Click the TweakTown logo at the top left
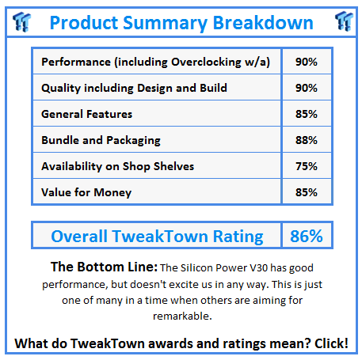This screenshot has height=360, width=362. [x=21, y=22]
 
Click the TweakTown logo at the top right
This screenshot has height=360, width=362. [x=344, y=21]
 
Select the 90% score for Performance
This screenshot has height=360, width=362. [x=307, y=62]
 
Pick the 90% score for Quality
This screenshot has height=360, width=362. [x=307, y=88]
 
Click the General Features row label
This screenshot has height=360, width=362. [x=86, y=114]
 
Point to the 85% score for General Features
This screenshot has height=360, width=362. [x=307, y=114]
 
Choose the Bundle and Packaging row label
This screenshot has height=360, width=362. [x=101, y=140]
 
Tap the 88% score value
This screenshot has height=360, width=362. [x=307, y=140]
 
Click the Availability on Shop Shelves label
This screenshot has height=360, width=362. [x=118, y=166]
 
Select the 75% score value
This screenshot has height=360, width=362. [x=307, y=166]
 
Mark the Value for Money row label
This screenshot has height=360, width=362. [x=86, y=192]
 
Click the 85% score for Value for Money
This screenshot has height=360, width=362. [x=307, y=192]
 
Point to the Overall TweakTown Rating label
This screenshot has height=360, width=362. [x=157, y=237]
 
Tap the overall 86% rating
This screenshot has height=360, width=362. [x=307, y=236]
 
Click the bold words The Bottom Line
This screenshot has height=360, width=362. [x=104, y=267]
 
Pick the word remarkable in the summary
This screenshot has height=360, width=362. [x=182, y=316]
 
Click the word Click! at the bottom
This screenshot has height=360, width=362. [x=331, y=343]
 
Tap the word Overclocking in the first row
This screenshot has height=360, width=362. [x=206, y=63]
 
